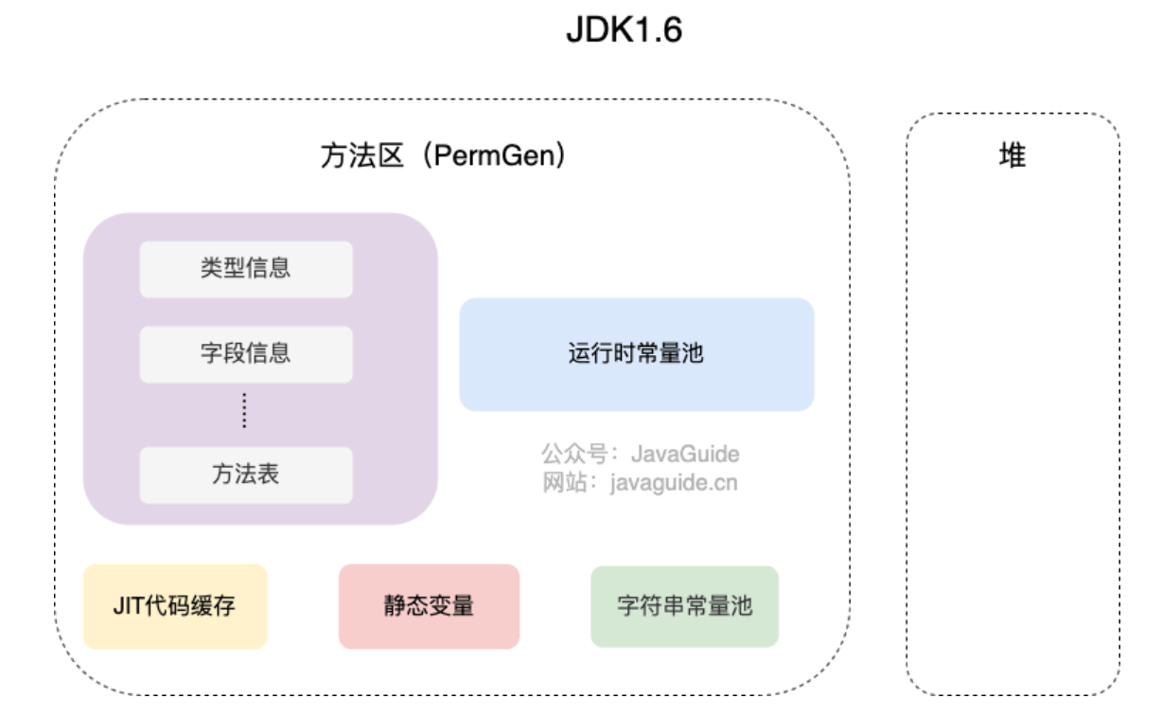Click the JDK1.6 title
click(624, 30)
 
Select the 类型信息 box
click(246, 268)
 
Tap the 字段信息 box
click(246, 354)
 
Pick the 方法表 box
click(246, 474)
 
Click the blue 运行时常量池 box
click(636, 354)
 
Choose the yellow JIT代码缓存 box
click(175, 606)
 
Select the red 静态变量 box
click(429, 606)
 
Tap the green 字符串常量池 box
click(684, 606)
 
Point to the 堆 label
click(1012, 156)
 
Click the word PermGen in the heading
click(492, 156)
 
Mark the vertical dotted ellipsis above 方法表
click(244, 411)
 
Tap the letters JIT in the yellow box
click(128, 606)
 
